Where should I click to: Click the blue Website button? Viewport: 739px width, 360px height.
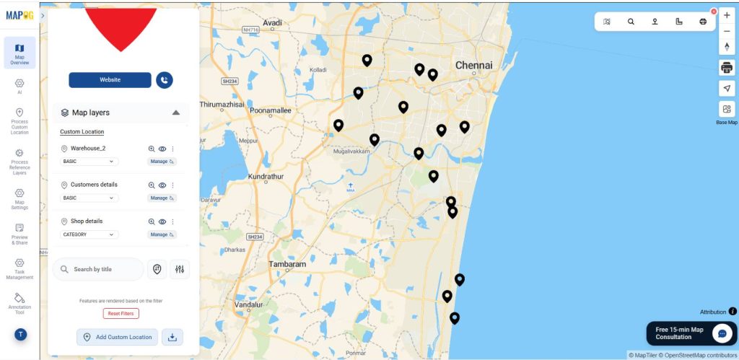110,80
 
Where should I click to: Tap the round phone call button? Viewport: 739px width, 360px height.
165,80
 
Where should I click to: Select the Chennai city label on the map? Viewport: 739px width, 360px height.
473,66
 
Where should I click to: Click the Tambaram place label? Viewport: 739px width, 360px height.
287,265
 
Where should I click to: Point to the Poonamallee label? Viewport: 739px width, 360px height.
269,111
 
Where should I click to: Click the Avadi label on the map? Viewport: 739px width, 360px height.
272,23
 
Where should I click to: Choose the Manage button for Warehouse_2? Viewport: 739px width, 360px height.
162,162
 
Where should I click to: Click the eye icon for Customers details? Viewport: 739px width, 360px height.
162,185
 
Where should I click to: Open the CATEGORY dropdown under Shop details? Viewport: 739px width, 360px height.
89,234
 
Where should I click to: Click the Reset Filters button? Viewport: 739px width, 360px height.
121,314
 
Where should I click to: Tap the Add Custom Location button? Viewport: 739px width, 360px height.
117,337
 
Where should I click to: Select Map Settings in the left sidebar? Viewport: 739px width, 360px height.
19,198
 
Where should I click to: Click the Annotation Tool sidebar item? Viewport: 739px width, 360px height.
19,303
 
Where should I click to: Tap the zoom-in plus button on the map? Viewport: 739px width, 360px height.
727,15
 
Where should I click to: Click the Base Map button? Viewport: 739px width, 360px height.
727,110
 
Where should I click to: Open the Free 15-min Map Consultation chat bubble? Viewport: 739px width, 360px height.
722,333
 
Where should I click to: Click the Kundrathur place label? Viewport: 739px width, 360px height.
266,177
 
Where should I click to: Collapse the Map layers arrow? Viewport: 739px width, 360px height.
175,113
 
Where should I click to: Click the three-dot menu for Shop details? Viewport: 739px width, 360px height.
172,221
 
